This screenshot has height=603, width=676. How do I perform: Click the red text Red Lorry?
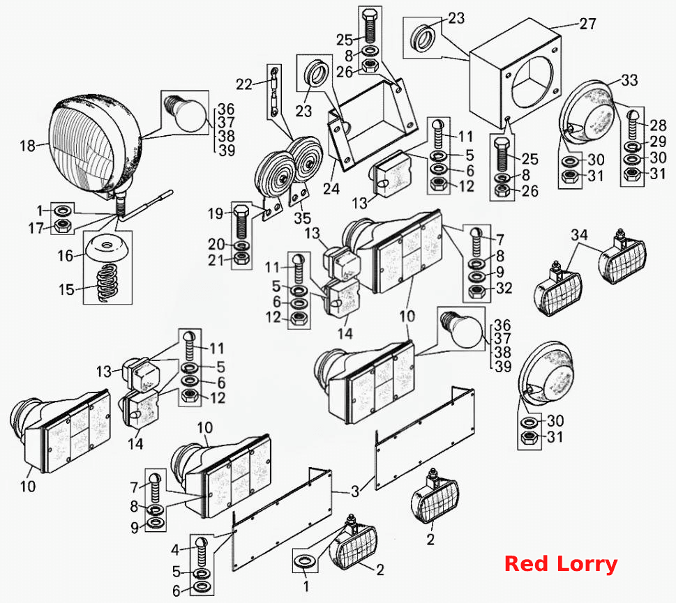tap(561, 564)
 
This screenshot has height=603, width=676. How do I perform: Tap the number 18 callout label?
tap(28, 146)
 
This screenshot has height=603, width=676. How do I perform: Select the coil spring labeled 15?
tap(107, 282)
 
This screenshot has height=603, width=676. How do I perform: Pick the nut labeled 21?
tap(241, 259)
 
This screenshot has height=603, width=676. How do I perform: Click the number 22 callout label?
tap(244, 84)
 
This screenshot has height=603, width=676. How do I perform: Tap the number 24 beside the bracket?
tap(331, 189)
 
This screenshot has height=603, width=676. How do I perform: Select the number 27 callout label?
tap(587, 24)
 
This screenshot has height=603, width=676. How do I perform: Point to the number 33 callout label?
tap(629, 79)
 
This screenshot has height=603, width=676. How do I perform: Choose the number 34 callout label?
tap(580, 235)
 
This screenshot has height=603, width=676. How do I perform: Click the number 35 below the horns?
tap(302, 218)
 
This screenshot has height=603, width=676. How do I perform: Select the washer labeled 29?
tap(632, 146)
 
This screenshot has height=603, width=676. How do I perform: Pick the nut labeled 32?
tap(476, 292)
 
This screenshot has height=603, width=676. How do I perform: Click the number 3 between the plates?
tap(355, 491)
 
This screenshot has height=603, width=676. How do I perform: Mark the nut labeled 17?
tap(63, 225)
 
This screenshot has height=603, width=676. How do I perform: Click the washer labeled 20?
tap(241, 246)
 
